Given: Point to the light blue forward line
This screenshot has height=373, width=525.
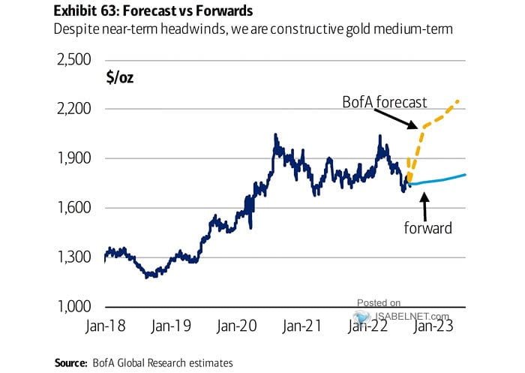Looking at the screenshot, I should (442, 179).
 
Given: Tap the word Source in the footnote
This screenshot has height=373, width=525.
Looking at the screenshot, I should (70, 362).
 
